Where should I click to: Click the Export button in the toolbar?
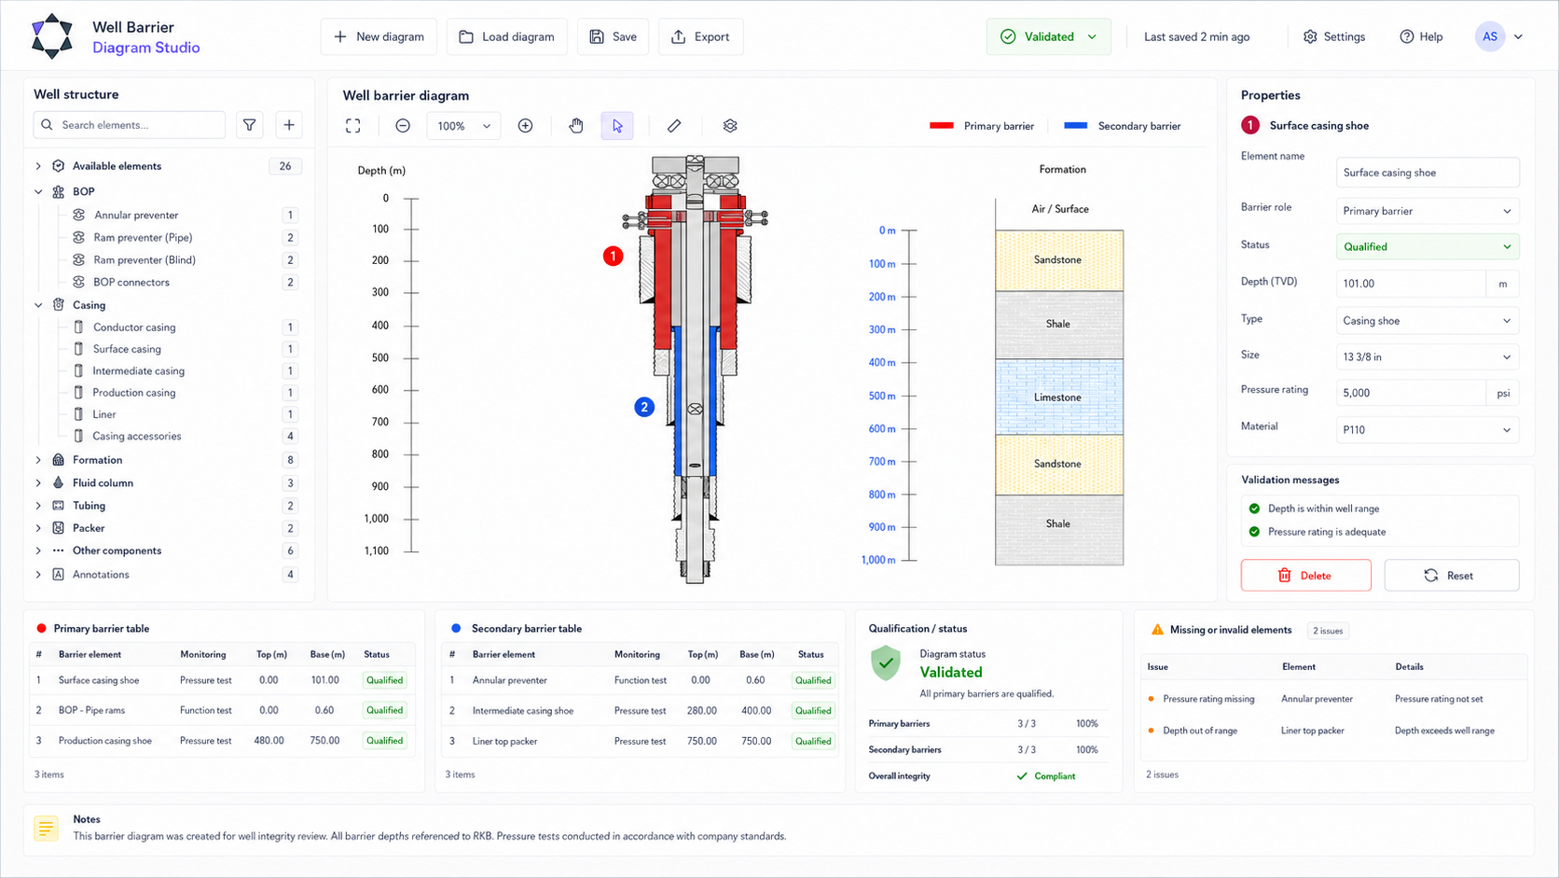pyautogui.click(x=700, y=37)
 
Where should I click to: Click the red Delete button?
pyautogui.click(x=1305, y=575)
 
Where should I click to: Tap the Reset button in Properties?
pyautogui.click(x=1451, y=575)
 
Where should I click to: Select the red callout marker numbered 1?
pyautogui.click(x=613, y=257)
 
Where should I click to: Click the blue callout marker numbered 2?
pyautogui.click(x=643, y=408)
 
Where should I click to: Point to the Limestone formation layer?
pyautogui.click(x=1058, y=397)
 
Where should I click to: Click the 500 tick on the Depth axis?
pyautogui.click(x=410, y=358)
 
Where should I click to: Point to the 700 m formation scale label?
pyautogui.click(x=882, y=462)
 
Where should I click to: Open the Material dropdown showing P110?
pyautogui.click(x=1427, y=429)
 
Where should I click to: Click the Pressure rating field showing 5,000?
pyautogui.click(x=1411, y=393)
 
